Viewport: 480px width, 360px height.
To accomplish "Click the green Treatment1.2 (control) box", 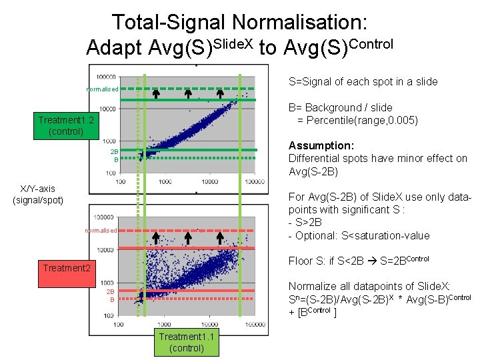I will tap(66, 125).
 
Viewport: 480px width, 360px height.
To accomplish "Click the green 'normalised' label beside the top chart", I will tap(102, 89).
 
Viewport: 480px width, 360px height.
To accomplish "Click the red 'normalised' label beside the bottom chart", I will tap(101, 231).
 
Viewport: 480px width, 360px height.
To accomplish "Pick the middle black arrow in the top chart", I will tap(188, 94).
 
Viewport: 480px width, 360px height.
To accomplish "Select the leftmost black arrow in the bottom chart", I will tap(155, 237).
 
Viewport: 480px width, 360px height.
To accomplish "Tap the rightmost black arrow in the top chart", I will tap(220, 94).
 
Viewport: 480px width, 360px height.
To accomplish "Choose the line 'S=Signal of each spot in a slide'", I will tap(363, 81).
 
